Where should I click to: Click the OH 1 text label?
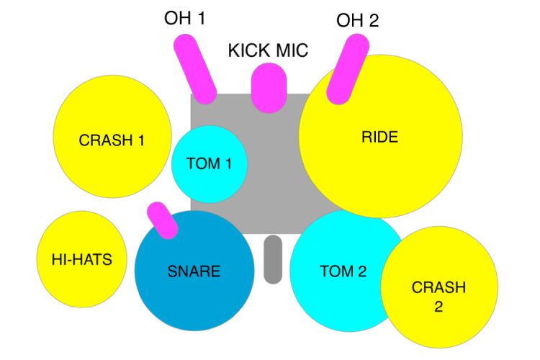coord(184,18)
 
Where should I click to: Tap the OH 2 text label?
coord(357,20)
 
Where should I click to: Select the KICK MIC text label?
coord(268,50)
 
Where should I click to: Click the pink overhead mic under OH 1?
coord(195,69)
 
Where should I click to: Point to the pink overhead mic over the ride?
coord(348,69)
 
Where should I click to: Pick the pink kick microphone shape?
coord(269,88)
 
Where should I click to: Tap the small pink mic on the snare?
coord(162,220)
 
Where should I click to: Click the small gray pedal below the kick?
coord(273,259)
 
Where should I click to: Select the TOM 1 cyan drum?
coord(210,164)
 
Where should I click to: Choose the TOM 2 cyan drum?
coord(344,271)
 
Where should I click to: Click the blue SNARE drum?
coord(194,271)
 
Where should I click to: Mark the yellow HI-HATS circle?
coord(82,259)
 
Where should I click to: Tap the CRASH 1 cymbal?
coord(112,137)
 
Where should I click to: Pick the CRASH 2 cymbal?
coord(439,287)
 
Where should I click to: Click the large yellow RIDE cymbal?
coord(381,136)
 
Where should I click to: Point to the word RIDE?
coord(380,137)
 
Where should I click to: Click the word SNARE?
coord(194,271)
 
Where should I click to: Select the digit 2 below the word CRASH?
coord(438,306)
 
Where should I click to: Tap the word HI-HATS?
coord(82,259)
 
